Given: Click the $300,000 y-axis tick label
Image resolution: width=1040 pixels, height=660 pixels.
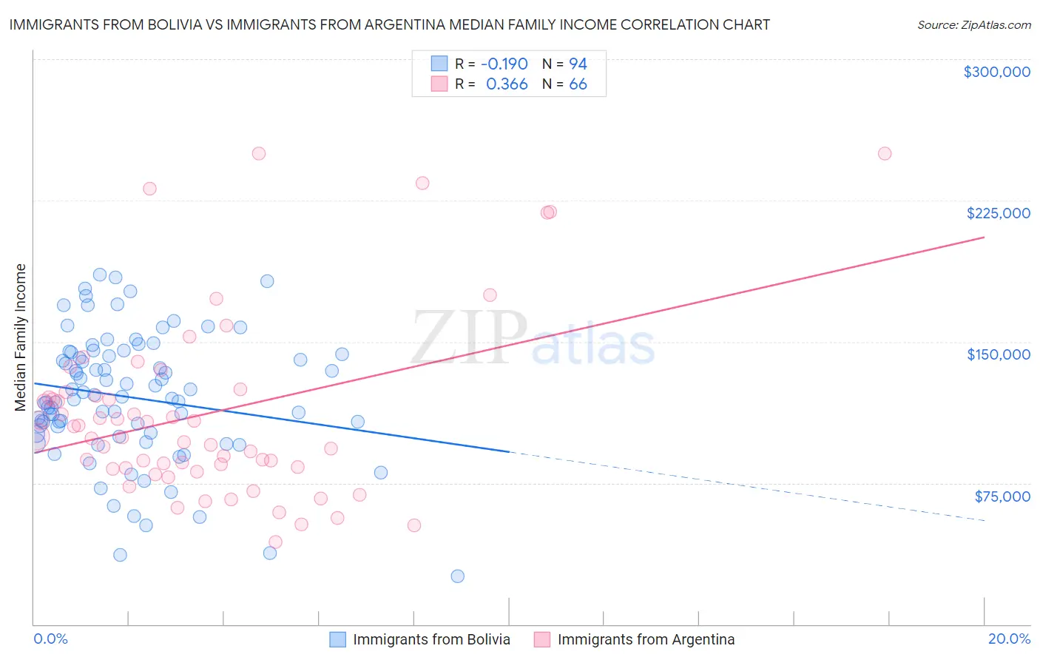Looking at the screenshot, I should pyautogui.click(x=996, y=72).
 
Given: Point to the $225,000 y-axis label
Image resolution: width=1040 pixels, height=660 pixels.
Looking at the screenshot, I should pyautogui.click(x=998, y=213).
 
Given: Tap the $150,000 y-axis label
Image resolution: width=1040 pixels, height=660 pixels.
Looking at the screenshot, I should pyautogui.click(x=998, y=354).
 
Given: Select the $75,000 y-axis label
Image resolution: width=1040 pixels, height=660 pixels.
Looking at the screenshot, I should pyautogui.click(x=1002, y=496).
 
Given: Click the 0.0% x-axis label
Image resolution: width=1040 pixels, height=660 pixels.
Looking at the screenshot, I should pyautogui.click(x=50, y=639).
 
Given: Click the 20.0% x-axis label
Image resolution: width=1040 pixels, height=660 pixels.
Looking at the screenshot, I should pyautogui.click(x=1009, y=639).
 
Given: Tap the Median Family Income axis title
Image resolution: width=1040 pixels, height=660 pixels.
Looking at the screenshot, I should pyautogui.click(x=21, y=337).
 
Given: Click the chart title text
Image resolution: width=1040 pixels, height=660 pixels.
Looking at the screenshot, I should pyautogui.click(x=389, y=24).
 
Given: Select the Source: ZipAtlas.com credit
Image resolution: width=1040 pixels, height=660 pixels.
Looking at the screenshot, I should pyautogui.click(x=973, y=24).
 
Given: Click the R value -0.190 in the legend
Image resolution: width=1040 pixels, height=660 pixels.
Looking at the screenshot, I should pyautogui.click(x=504, y=64).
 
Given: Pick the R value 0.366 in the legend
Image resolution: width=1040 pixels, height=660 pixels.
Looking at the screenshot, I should pyautogui.click(x=507, y=84).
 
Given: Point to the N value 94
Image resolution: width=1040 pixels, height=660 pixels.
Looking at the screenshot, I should pyautogui.click(x=578, y=64).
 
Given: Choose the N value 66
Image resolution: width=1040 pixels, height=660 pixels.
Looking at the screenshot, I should pyautogui.click(x=578, y=84).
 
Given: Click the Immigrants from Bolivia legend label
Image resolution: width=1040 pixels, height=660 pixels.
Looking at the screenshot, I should pyautogui.click(x=431, y=639).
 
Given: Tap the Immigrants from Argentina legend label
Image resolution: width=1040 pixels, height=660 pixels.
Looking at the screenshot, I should pyautogui.click(x=646, y=639).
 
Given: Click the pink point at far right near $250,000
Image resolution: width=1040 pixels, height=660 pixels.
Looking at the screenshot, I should pyautogui.click(x=885, y=154).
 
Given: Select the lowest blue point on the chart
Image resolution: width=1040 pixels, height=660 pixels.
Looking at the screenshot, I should pyautogui.click(x=457, y=576).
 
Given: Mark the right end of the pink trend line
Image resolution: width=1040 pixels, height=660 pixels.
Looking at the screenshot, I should pyautogui.click(x=984, y=237).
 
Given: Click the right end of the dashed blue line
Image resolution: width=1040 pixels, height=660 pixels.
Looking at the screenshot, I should pyautogui.click(x=984, y=521).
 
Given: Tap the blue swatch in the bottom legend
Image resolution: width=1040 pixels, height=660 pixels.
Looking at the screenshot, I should pyautogui.click(x=337, y=639).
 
